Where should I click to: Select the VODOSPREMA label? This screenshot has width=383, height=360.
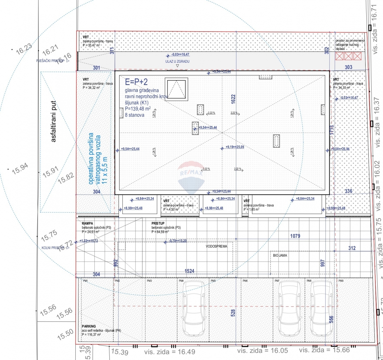click(x=216, y=246)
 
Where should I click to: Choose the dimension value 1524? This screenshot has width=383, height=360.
click(x=189, y=271)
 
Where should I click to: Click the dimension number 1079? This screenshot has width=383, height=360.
click(x=295, y=236)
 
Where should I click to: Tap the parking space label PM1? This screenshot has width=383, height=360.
click(x=85, y=281)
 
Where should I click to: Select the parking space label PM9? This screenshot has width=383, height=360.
click(x=341, y=281)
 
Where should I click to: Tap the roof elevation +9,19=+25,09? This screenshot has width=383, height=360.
click(x=235, y=147)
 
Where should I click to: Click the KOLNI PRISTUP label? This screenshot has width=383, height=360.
click(x=53, y=248)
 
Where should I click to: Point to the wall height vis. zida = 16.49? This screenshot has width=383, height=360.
click(x=169, y=352)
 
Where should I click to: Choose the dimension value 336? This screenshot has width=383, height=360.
click(x=348, y=191)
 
